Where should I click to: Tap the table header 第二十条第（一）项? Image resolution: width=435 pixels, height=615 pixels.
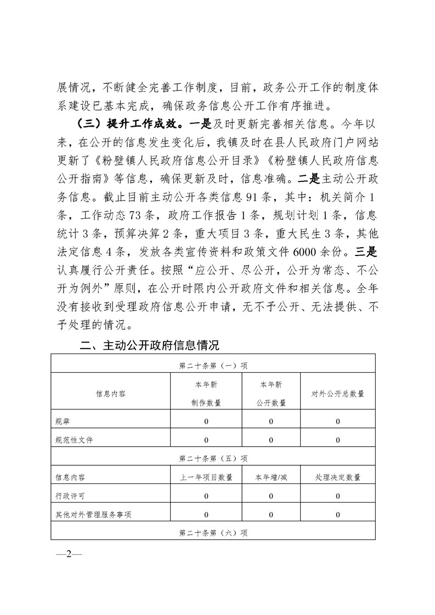(213, 364)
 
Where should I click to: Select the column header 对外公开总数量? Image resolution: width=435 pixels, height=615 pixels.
(338, 394)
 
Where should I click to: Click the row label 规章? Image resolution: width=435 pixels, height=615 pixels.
(63, 421)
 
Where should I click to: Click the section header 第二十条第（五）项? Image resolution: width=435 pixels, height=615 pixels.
(213, 458)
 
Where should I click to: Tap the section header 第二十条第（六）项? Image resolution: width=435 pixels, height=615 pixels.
(213, 533)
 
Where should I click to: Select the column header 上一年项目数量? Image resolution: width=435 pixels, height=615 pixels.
(207, 477)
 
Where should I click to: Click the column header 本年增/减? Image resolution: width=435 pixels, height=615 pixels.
(271, 477)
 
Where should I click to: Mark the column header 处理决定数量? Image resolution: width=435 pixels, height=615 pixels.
(338, 477)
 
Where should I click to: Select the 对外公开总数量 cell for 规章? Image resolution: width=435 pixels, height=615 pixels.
(338, 421)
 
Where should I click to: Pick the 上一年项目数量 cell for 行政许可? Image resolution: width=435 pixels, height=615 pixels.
(207, 496)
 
